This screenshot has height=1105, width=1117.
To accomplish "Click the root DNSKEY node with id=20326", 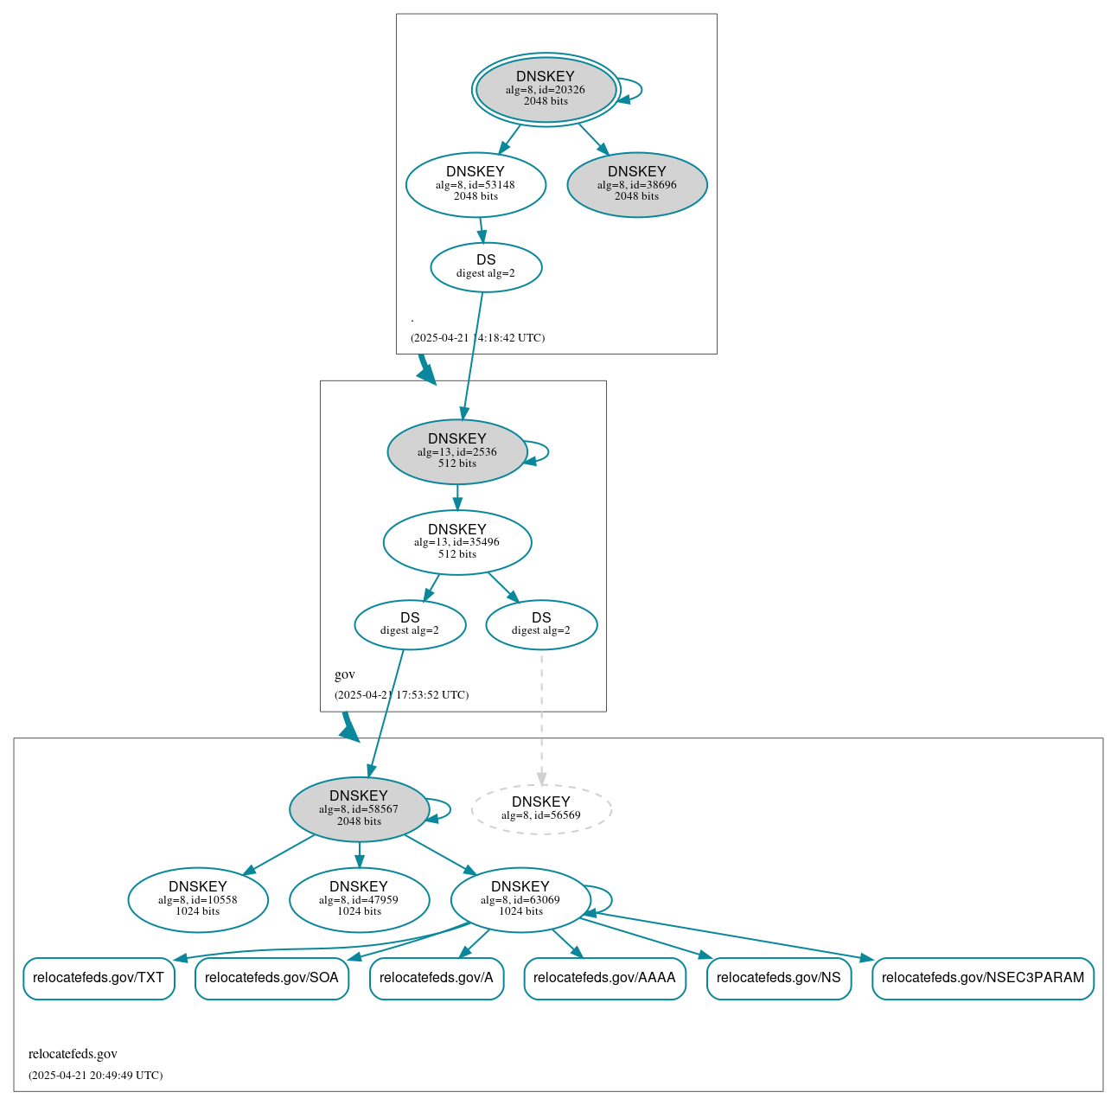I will click(546, 89).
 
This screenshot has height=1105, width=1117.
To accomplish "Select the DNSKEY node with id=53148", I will click(476, 184).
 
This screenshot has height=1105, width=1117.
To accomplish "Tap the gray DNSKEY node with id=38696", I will click(637, 184).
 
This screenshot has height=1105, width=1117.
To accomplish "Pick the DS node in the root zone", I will click(486, 267).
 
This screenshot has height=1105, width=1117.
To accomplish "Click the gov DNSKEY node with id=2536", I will click(457, 451).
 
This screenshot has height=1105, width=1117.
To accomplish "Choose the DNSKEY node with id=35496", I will click(457, 542).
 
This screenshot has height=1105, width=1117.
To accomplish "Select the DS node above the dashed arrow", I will click(541, 624).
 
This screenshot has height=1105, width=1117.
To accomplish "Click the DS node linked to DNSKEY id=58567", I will click(410, 624).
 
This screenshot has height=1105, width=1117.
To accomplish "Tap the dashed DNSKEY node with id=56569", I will click(541, 809).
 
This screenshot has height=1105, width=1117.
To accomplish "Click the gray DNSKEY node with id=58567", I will click(359, 809).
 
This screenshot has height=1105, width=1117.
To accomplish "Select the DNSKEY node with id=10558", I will click(198, 900).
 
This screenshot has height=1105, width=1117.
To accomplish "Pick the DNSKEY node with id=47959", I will click(359, 900).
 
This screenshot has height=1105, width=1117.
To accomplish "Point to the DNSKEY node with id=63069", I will click(520, 900).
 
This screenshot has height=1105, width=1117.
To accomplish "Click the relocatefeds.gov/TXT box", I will click(99, 978).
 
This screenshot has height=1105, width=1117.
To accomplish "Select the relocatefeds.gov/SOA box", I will click(271, 978).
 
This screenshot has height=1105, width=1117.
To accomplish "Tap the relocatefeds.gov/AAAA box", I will click(604, 978).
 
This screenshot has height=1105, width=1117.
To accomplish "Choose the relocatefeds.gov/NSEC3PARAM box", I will click(983, 978).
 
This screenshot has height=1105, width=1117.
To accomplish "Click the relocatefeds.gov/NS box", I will click(779, 978).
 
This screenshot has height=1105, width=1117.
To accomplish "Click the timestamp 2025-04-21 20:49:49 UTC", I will click(95, 1076).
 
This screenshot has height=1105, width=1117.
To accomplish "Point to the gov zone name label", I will click(345, 674).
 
